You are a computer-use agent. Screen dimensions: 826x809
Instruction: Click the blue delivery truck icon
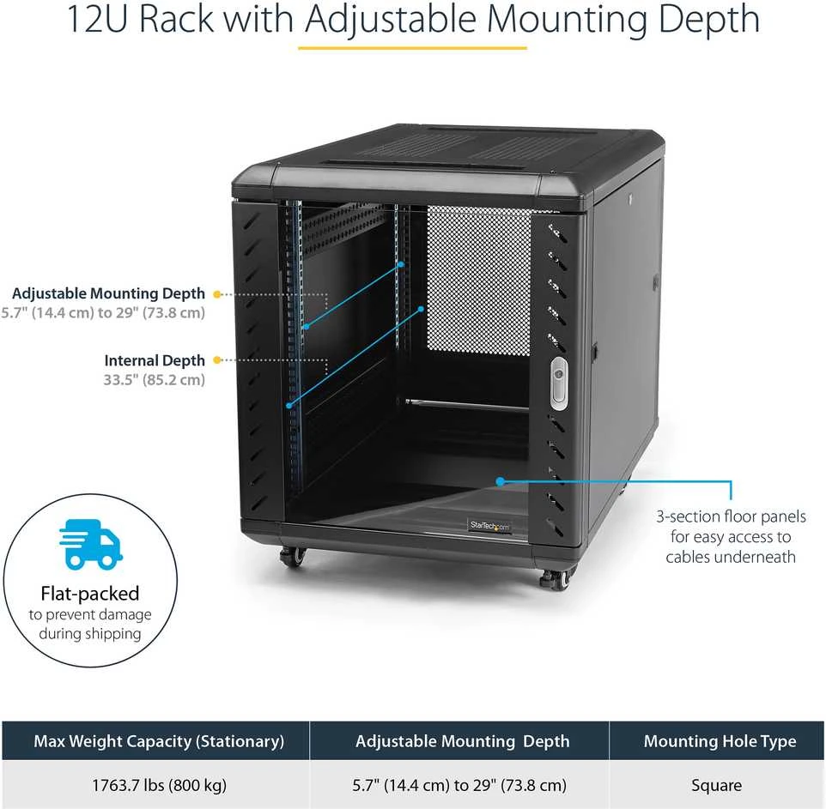coord(91,544)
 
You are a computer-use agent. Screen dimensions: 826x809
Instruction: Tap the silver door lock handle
coord(559,383)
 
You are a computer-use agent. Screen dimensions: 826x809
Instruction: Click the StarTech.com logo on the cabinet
coord(489,525)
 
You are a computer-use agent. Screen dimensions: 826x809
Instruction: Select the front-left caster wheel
coord(294,556)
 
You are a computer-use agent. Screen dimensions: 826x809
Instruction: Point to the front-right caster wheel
coord(556,579)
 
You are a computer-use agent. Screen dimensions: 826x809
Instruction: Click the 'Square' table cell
coord(716,785)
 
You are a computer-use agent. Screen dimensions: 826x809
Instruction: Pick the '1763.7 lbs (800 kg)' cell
coord(159,785)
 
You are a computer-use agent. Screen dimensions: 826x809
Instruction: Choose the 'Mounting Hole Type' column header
coord(720,741)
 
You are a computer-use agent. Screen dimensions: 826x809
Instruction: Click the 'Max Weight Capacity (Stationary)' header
coord(159,741)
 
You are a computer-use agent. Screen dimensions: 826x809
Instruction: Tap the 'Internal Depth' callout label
coord(155,360)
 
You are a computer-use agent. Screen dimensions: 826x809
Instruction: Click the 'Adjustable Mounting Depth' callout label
coord(108,293)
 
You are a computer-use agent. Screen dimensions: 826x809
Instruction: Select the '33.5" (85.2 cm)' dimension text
coord(154,379)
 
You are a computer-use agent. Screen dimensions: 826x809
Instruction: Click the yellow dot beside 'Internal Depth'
coord(216,360)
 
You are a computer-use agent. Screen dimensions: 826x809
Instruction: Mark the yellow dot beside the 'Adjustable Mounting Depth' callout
coord(216,294)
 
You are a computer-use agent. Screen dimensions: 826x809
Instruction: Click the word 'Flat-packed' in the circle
coord(90,594)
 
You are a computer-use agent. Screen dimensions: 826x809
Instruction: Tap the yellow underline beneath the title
coord(412,48)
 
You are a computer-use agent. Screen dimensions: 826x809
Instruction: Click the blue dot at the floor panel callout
coord(500,481)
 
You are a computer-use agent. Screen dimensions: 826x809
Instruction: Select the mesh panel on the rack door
coord(479,281)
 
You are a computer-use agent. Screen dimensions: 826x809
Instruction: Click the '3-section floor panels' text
coord(732,516)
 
